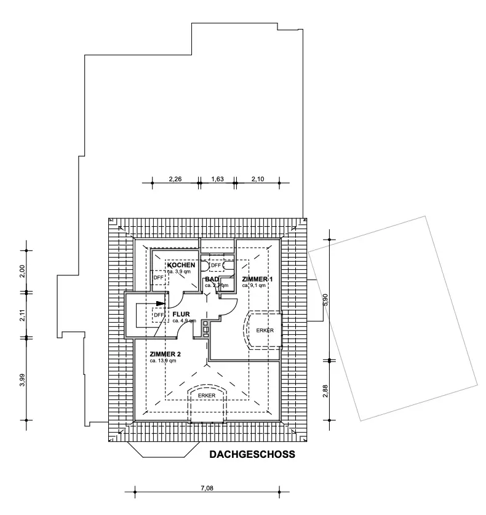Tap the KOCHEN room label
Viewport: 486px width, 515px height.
181,265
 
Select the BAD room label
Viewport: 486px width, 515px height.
212,279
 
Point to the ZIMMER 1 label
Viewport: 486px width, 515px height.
257,279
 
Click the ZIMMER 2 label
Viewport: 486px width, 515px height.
165,354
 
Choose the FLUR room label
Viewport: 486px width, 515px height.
182,314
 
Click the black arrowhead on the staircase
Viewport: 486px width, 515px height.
161,303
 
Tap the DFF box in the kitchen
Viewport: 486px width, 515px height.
159,277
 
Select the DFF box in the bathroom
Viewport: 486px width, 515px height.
215,265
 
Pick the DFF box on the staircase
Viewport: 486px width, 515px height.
159,315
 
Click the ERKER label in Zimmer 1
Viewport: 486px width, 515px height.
265,331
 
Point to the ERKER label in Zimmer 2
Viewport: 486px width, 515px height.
207,395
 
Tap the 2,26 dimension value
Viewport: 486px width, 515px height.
175,179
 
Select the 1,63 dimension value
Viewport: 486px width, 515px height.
217,179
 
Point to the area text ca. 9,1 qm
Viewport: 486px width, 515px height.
253,286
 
